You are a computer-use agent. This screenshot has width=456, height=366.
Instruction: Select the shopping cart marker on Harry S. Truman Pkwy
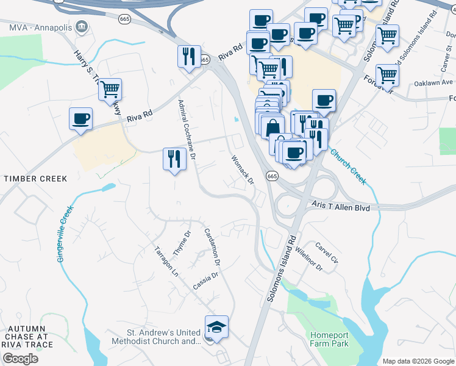coord(110,90)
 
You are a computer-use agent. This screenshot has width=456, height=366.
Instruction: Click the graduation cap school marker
coord(216,327)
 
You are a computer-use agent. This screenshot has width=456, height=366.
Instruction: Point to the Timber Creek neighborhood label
coord(35,178)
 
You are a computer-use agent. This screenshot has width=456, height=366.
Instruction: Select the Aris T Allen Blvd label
coord(341,207)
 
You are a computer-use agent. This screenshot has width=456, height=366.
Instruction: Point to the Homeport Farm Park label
coord(329,340)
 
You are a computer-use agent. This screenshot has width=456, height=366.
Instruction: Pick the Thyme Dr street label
coord(182,243)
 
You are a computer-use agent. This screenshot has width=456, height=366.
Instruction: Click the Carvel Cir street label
coord(326,254)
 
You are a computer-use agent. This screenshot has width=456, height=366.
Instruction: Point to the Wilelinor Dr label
coord(307,259)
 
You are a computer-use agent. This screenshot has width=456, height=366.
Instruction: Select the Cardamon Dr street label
coord(212,246)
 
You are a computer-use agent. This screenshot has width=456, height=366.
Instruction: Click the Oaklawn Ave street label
coord(433,82)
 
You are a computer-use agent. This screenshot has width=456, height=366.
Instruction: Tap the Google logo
coord(20,358)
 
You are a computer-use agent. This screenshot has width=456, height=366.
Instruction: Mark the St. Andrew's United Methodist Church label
coord(163,337)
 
